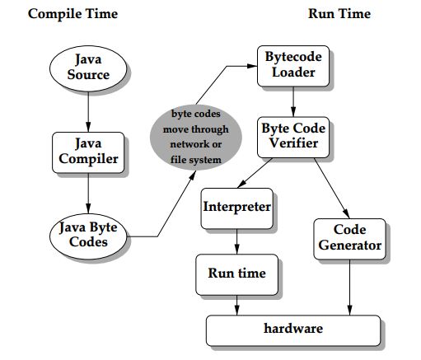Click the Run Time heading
point(339,14)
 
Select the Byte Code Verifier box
point(292,136)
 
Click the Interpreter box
point(236,207)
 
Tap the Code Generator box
point(349,237)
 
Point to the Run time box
point(236,274)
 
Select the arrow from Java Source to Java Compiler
point(87,110)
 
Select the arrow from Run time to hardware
point(236,304)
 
